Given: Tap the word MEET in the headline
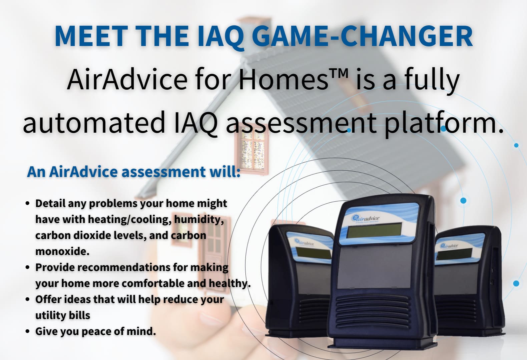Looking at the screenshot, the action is point(91,36).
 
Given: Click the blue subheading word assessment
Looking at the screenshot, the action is point(163,172).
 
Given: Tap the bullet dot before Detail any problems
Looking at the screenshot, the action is point(28,203).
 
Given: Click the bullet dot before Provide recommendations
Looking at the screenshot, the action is point(28,267).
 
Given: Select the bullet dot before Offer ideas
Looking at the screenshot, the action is point(28,299).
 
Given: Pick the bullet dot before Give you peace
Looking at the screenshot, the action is point(28,331).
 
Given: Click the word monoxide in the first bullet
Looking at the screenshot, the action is point(62,251).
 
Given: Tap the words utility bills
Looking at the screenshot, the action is point(63,315).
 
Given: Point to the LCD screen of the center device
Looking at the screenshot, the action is point(374,230).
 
